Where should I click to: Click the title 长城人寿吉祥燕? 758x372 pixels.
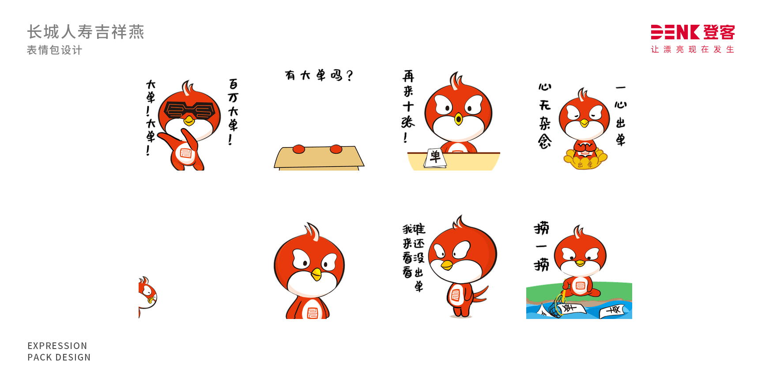86,32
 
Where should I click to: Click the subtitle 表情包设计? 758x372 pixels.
54,50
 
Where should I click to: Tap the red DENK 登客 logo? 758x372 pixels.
692,32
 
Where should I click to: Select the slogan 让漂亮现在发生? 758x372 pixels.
692,49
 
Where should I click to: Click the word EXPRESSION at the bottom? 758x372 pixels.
57,345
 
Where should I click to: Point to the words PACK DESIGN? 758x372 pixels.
59,357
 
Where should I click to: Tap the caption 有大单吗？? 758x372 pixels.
319,76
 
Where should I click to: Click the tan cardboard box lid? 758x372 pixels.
319,157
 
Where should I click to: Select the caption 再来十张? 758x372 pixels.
408,106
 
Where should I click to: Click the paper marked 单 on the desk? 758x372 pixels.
435,158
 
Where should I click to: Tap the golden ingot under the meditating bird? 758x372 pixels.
585,161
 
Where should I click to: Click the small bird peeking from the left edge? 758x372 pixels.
147,294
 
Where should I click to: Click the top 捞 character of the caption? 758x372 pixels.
541,228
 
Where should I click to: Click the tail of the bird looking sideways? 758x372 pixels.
480,294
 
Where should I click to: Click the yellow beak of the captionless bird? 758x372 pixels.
316,274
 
